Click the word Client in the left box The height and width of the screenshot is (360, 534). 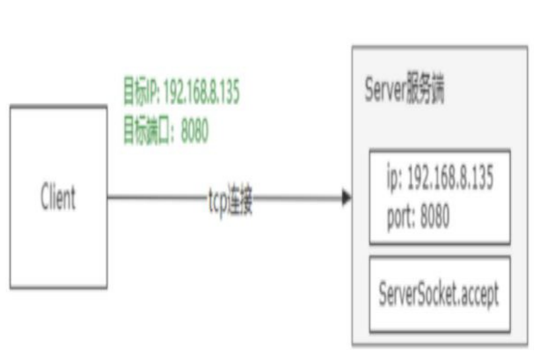point(58,198)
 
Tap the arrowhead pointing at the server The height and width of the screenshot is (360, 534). point(346,198)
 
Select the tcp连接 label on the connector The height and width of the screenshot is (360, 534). point(227,202)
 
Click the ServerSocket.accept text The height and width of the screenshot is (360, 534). point(438,294)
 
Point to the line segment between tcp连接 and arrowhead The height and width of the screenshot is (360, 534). point(297,197)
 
